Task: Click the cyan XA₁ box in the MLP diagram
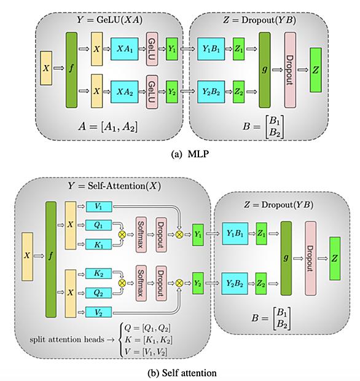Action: click(124, 49)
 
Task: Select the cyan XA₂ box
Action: click(124, 92)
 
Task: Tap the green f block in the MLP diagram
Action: click(71, 70)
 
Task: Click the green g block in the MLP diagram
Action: click(265, 70)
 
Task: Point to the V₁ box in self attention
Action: click(99, 206)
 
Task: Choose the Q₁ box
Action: click(99, 226)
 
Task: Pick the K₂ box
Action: click(99, 273)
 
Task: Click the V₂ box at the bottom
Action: click(99, 312)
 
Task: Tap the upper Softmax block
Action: click(141, 235)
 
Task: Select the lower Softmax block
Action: click(141, 283)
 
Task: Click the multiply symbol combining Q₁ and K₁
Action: click(122, 235)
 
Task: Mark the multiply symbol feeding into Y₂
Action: click(179, 283)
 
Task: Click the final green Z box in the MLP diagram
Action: click(316, 70)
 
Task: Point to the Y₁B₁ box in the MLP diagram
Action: click(211, 49)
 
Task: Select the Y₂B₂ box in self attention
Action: click(235, 283)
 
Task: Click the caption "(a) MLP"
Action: click(190, 154)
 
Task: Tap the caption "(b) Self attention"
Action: click(182, 373)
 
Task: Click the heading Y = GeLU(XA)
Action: click(109, 20)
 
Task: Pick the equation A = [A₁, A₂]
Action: click(108, 127)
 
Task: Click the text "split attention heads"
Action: click(67, 339)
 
